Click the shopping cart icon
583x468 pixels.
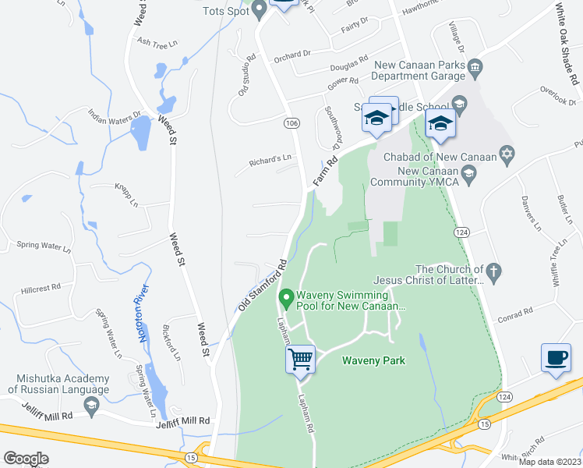point(300,359)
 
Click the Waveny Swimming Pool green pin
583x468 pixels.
point(286,297)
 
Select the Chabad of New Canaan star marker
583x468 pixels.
point(507,153)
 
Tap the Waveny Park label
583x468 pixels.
point(373,360)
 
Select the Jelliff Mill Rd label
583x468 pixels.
point(182,420)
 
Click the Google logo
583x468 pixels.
point(26,459)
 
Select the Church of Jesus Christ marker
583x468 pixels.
point(493,272)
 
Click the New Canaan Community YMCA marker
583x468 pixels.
point(468,179)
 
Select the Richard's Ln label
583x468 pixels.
point(270,158)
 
